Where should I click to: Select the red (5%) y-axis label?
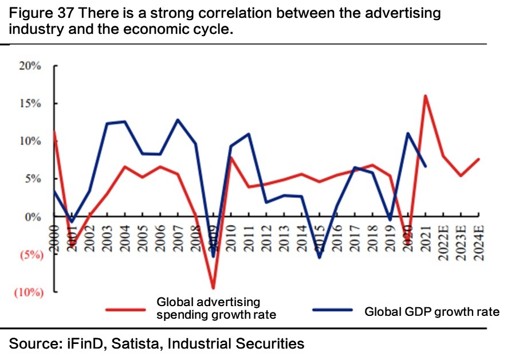point(28,255)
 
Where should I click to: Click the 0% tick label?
point(34,217)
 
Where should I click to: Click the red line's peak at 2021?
point(426,96)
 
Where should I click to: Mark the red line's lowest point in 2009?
point(213,288)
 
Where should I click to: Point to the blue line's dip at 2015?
point(320,257)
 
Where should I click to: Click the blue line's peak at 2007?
point(178,120)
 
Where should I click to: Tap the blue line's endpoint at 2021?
point(426,166)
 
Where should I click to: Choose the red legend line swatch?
point(126,310)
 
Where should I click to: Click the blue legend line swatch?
point(332,310)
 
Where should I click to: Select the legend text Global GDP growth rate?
point(432,312)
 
